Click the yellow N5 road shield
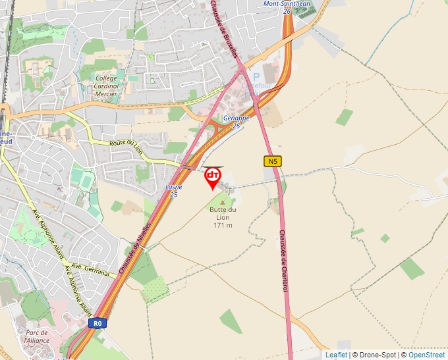click(x=272, y=161)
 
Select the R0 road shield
click(x=98, y=323)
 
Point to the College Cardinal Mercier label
click(x=106, y=86)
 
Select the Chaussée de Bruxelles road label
click(x=223, y=29)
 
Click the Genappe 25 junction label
click(x=236, y=121)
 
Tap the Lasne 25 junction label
click(x=174, y=191)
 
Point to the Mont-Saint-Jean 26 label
click(x=287, y=7)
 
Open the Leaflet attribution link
click(x=336, y=355)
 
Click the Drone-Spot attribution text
click(x=378, y=355)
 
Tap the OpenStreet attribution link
click(x=427, y=355)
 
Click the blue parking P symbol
click(x=256, y=77)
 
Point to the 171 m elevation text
click(x=223, y=225)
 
